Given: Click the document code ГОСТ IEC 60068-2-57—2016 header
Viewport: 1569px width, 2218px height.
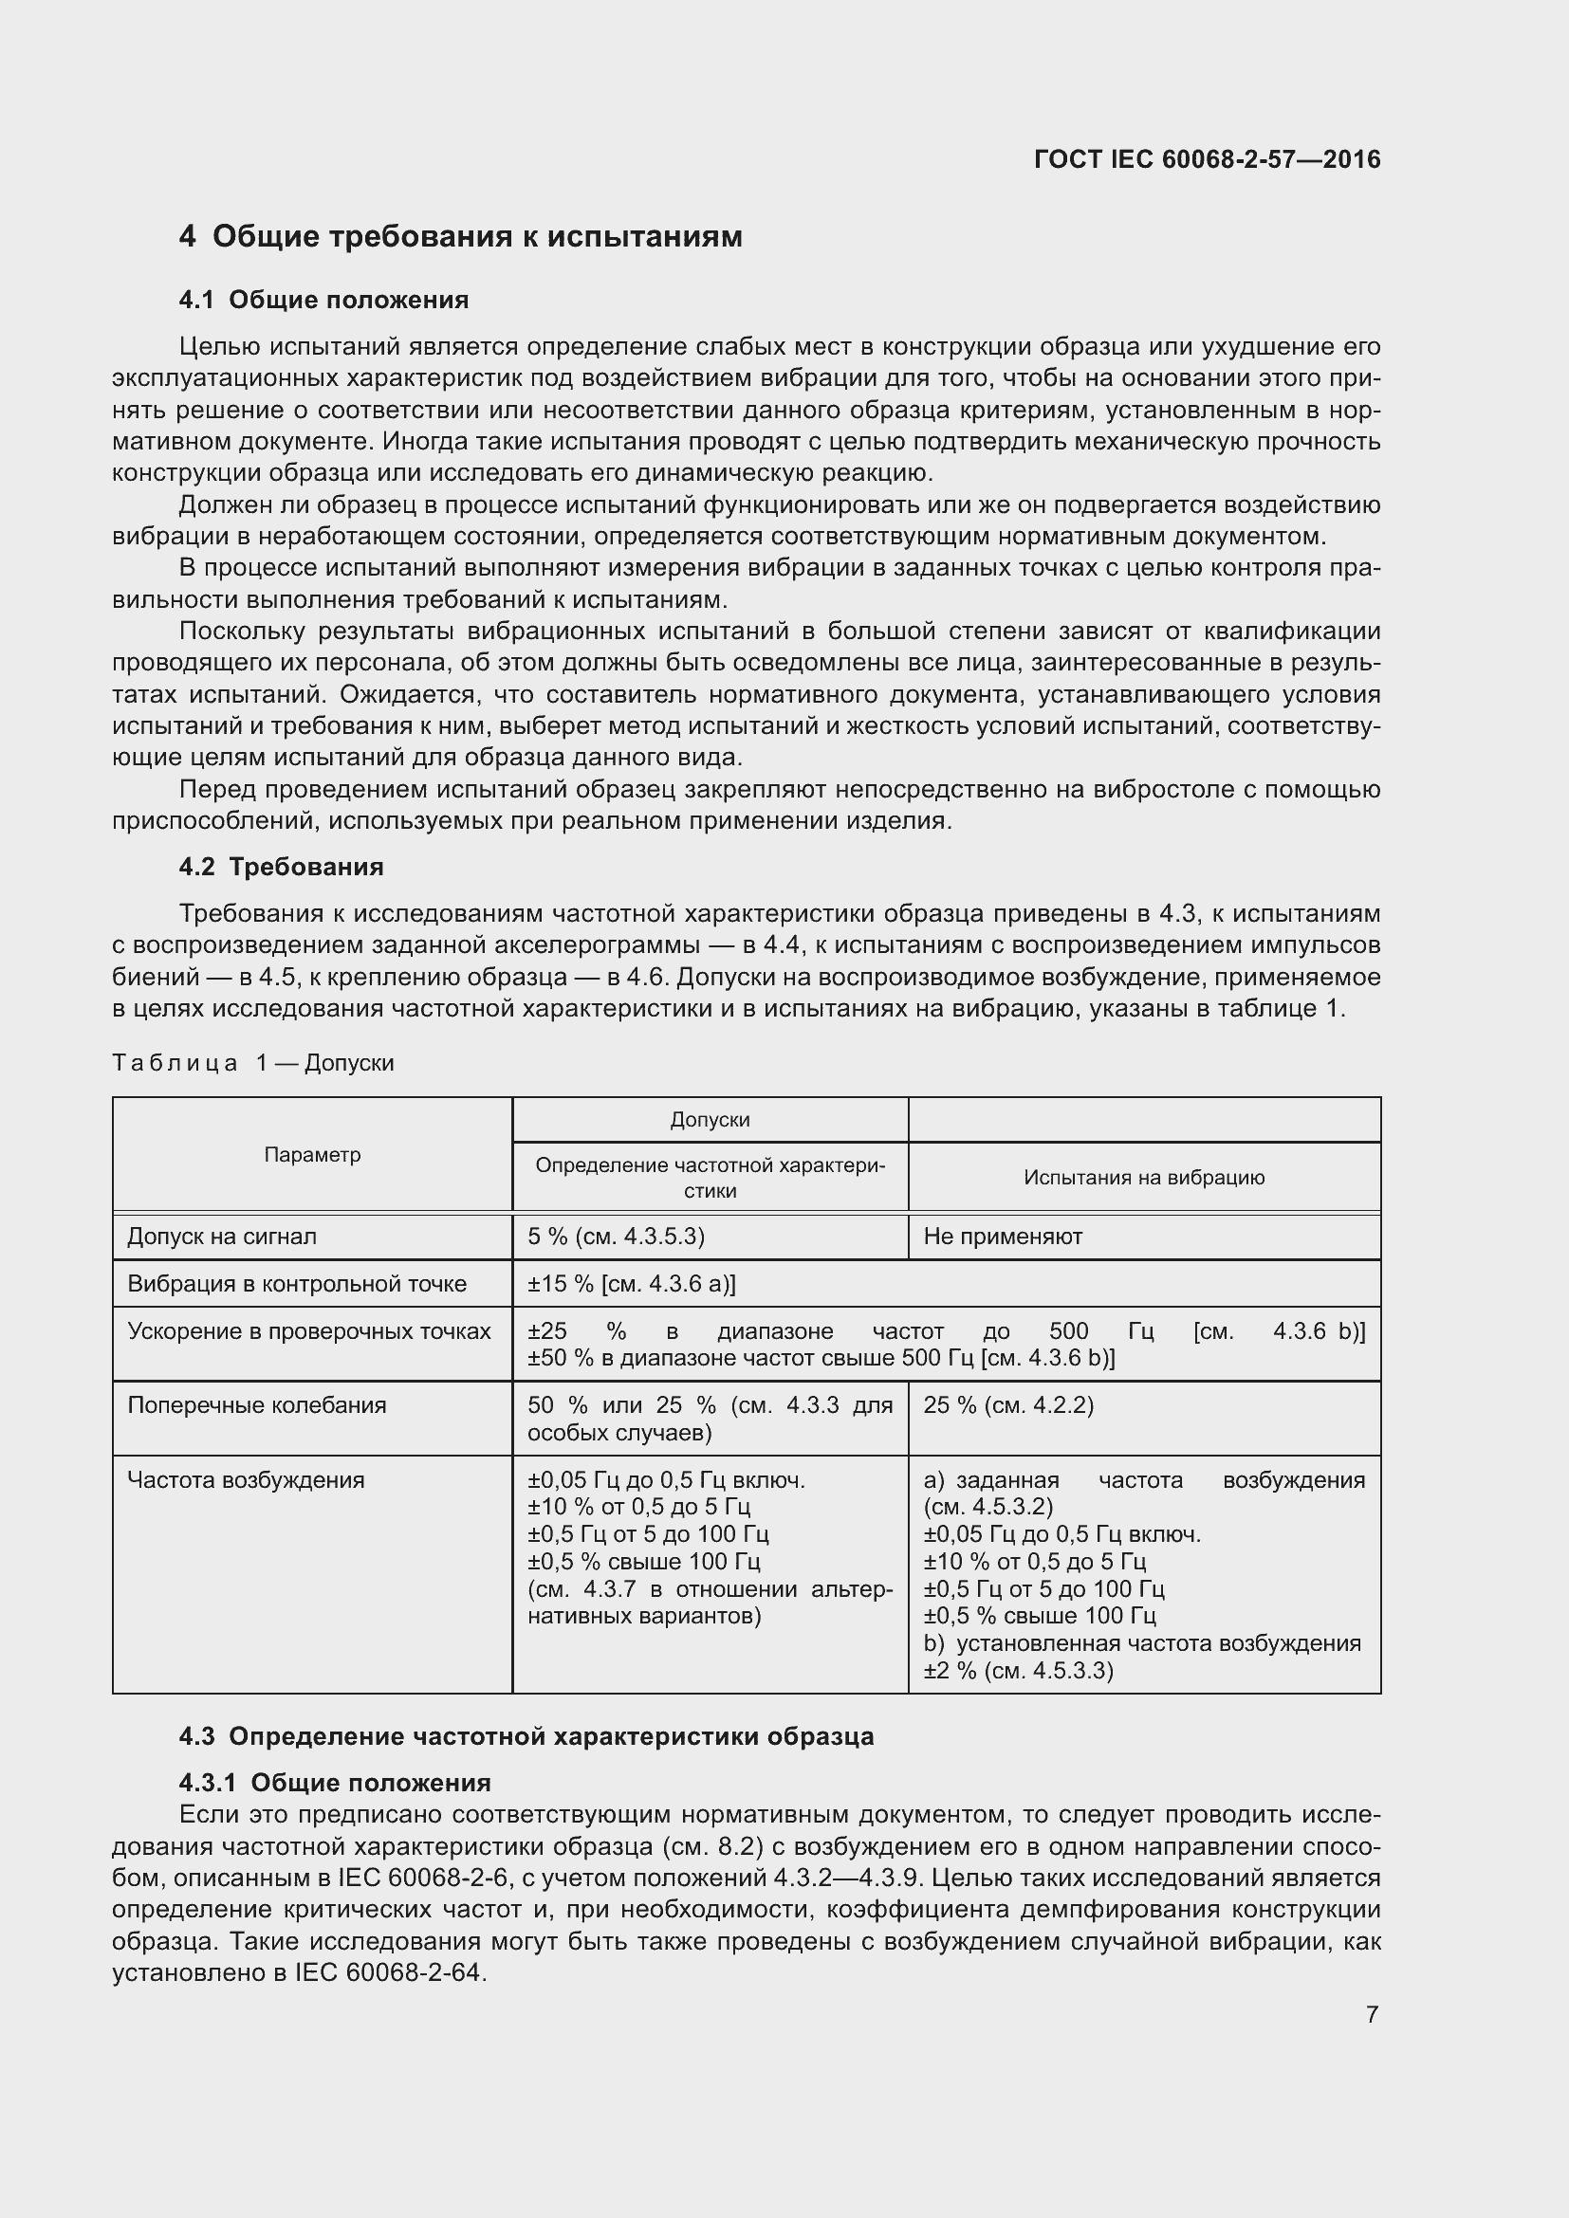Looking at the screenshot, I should click(x=1207, y=159).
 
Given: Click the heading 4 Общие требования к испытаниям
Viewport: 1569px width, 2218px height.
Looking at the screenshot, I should click(x=461, y=237).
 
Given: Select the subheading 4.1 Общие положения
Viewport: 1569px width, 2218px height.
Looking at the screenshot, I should click(x=323, y=301).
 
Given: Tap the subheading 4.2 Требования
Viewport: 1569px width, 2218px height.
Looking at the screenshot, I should click(x=281, y=867).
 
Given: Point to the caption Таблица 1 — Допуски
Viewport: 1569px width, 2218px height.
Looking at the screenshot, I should click(x=253, y=1063).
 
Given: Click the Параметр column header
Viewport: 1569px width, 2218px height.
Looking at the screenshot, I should click(x=312, y=1154).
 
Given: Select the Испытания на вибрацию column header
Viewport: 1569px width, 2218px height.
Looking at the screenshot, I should click(x=1144, y=1178).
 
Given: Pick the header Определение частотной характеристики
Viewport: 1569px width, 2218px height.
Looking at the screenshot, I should click(x=711, y=1178).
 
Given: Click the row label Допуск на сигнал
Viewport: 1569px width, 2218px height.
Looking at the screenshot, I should click(x=222, y=1237).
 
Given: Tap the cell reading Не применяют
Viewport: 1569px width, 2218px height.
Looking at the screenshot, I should click(x=1003, y=1237).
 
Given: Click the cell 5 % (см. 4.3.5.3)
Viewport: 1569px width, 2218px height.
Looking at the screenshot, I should click(x=616, y=1237).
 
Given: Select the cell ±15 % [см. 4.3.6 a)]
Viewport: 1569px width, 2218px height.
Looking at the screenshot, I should click(x=631, y=1284).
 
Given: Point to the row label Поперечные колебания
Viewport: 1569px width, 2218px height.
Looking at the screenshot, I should click(x=257, y=1405).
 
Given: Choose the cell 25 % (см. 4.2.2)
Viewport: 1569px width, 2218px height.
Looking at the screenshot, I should click(x=1008, y=1405).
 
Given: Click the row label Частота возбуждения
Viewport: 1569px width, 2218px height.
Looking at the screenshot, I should click(x=247, y=1480).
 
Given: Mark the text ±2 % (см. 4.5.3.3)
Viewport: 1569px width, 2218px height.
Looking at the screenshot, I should click(x=1018, y=1670).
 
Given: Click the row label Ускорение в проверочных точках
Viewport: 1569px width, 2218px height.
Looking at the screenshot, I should click(x=309, y=1331).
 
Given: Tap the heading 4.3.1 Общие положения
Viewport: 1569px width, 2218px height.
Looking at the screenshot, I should click(x=335, y=1783).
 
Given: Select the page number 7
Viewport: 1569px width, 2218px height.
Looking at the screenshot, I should click(x=1372, y=2015).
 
